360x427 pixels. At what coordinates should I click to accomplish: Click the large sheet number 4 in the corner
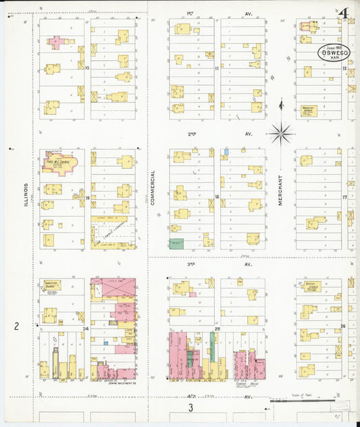pyautogui.click(x=344, y=13)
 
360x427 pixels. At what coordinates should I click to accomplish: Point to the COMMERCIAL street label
pyautogui.click(x=153, y=187)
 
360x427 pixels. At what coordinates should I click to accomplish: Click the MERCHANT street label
pyautogui.click(x=280, y=191)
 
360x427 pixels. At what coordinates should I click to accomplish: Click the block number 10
pyautogui.click(x=87, y=68)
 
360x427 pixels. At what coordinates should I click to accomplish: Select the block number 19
pyautogui.click(x=87, y=198)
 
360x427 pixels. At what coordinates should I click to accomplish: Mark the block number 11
pyautogui.click(x=217, y=68)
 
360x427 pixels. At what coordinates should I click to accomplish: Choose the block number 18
pyautogui.click(x=217, y=197)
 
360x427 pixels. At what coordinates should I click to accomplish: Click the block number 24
pyautogui.click(x=86, y=328)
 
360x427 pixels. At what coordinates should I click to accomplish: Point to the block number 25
pyautogui.click(x=217, y=328)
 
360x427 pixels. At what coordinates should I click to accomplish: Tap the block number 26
pyautogui.click(x=343, y=326)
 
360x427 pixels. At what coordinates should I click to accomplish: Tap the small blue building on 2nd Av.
pyautogui.click(x=226, y=151)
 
